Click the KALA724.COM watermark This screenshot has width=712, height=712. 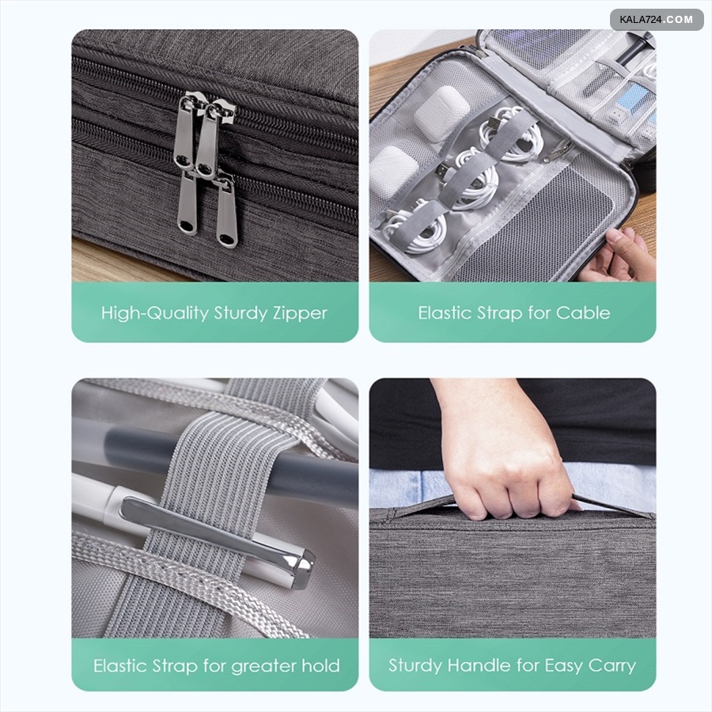point(656,20)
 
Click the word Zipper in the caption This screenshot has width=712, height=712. point(300,313)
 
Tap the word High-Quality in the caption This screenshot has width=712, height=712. point(154,313)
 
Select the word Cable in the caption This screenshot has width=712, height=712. point(583,312)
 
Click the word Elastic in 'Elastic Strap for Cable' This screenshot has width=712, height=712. point(445,312)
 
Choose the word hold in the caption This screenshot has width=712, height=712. point(321,665)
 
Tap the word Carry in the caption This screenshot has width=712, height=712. point(612,666)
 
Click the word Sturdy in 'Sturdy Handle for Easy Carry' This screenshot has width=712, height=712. point(415,666)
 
